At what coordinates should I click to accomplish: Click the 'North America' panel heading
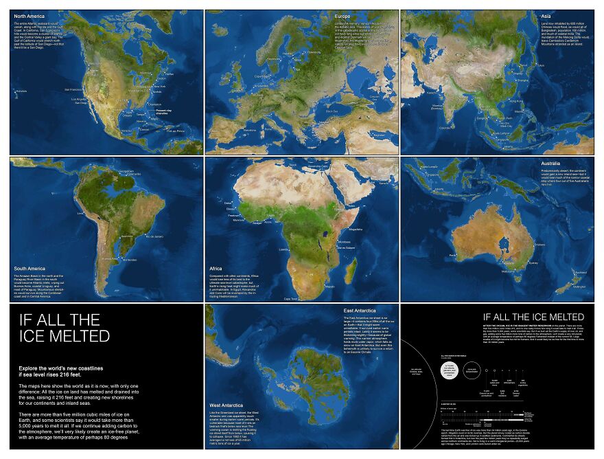pos(26,15)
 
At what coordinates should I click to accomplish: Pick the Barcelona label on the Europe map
pos(248,130)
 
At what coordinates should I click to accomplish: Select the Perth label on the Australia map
pos(454,256)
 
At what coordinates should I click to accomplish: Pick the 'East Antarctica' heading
pos(362,310)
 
